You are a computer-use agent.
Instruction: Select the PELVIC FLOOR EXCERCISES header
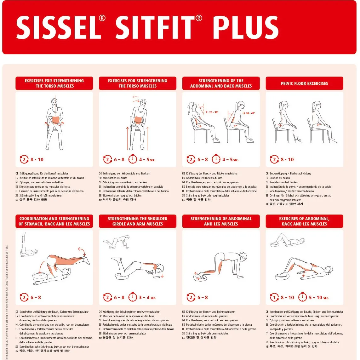pyautogui.click(x=304, y=83)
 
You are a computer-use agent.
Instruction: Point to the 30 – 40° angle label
pyautogui.click(x=250, y=113)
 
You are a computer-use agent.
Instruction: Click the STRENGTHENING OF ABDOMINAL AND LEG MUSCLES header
pyautogui.click(x=221, y=221)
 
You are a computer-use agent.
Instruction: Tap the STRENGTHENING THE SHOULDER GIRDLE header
pyautogui.click(x=138, y=221)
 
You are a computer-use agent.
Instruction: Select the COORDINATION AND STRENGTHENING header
pyautogui.click(x=54, y=221)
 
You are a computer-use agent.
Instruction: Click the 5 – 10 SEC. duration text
pyautogui.click(x=318, y=298)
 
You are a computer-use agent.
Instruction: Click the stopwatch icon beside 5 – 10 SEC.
pyautogui.click(x=302, y=297)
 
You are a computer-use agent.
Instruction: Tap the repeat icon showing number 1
pyautogui.click(x=274, y=297)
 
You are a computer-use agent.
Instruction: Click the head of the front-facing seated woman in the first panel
pyautogui.click(x=54, y=102)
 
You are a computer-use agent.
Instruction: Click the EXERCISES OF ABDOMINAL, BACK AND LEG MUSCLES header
pyautogui.click(x=304, y=221)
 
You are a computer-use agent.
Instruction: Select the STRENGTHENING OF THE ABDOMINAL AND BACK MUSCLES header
pyautogui.click(x=221, y=83)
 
